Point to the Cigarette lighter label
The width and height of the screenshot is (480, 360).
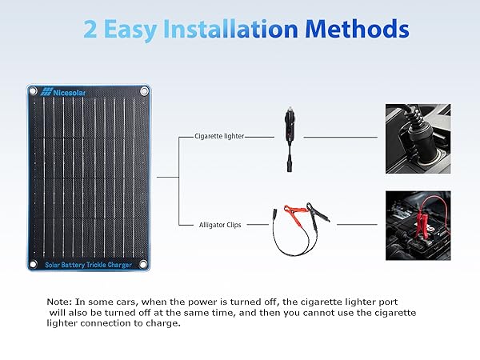(219, 137)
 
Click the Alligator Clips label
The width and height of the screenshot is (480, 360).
(220, 226)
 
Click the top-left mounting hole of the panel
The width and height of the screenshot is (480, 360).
(33, 91)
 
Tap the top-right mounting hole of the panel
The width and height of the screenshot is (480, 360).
(145, 91)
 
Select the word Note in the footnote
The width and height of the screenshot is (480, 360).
(59, 301)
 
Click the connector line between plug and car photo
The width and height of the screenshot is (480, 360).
(337, 137)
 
